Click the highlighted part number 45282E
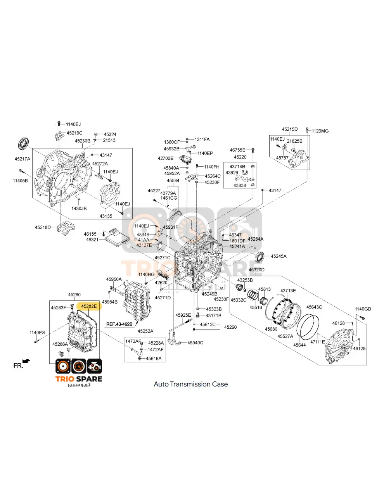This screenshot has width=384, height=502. (89, 306)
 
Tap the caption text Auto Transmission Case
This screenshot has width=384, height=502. (190, 384)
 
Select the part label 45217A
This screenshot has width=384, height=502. (22, 159)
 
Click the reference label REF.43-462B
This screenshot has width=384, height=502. (119, 324)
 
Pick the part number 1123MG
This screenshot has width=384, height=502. (320, 131)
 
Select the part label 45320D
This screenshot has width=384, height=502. (256, 270)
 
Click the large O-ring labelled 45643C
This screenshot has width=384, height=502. (308, 328)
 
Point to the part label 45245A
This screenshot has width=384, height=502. (278, 256)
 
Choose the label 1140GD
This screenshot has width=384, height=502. (363, 309)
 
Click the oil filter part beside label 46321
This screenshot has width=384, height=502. (116, 237)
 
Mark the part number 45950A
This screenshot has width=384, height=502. (114, 279)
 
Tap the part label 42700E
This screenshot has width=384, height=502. (165, 158)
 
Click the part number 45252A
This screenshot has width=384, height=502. (145, 331)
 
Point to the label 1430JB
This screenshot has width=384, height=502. (79, 209)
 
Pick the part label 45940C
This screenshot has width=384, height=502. (195, 343)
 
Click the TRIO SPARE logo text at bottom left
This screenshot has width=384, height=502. (79, 379)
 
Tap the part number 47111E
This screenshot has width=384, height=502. (317, 342)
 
